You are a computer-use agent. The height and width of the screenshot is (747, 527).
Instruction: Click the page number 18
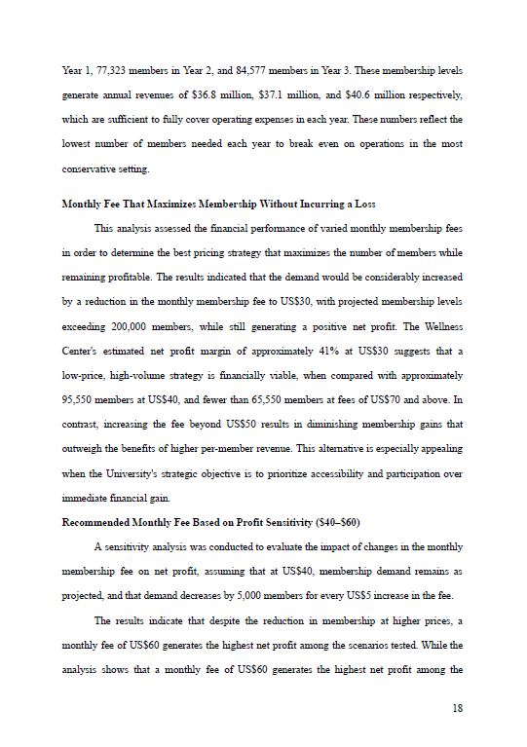tap(457, 708)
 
